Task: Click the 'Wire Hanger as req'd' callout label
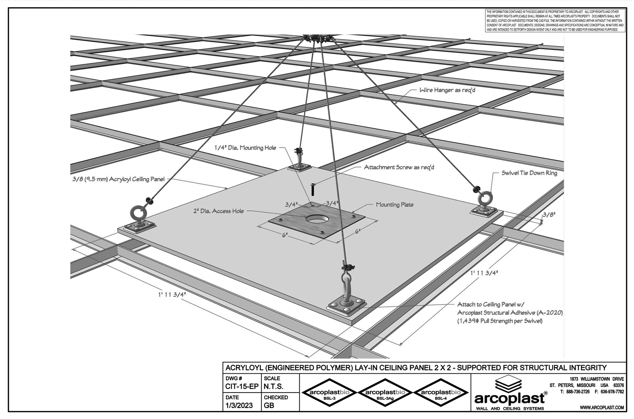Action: click(x=447, y=90)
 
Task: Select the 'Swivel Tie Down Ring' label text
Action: click(x=529, y=173)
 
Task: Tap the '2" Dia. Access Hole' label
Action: click(x=218, y=211)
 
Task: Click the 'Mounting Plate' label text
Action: click(x=395, y=205)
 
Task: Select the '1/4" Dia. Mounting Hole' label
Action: click(x=245, y=148)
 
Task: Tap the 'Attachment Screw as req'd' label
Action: click(x=399, y=167)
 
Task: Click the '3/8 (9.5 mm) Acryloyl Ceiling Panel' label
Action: click(x=118, y=179)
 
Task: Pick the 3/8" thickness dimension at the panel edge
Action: click(x=549, y=215)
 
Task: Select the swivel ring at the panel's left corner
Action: click(x=138, y=213)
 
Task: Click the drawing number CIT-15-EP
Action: click(x=242, y=387)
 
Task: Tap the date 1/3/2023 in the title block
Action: click(x=239, y=406)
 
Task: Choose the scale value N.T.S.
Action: click(x=273, y=387)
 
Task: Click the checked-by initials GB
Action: click(x=269, y=406)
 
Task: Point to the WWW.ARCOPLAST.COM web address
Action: click(x=602, y=407)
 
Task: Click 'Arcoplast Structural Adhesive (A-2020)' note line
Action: click(x=510, y=313)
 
